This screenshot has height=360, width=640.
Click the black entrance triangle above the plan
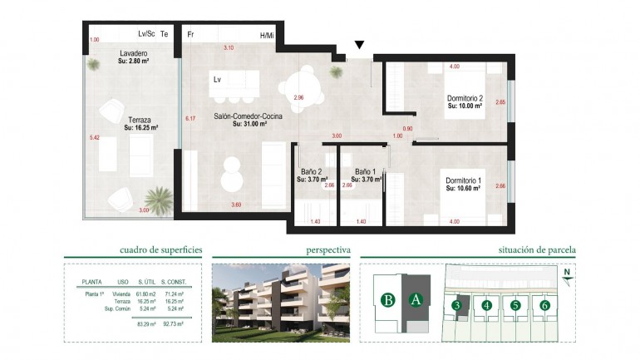(359, 46)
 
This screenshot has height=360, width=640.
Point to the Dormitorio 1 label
(464, 180)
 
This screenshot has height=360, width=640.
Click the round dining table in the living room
(297, 82)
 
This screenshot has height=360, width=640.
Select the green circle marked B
(386, 299)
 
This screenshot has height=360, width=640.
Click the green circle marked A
(416, 299)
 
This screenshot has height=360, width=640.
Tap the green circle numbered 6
(544, 305)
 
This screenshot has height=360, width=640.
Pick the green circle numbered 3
(457, 305)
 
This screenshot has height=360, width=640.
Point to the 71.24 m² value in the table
(172, 294)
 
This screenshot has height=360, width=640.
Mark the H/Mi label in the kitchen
(267, 35)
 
